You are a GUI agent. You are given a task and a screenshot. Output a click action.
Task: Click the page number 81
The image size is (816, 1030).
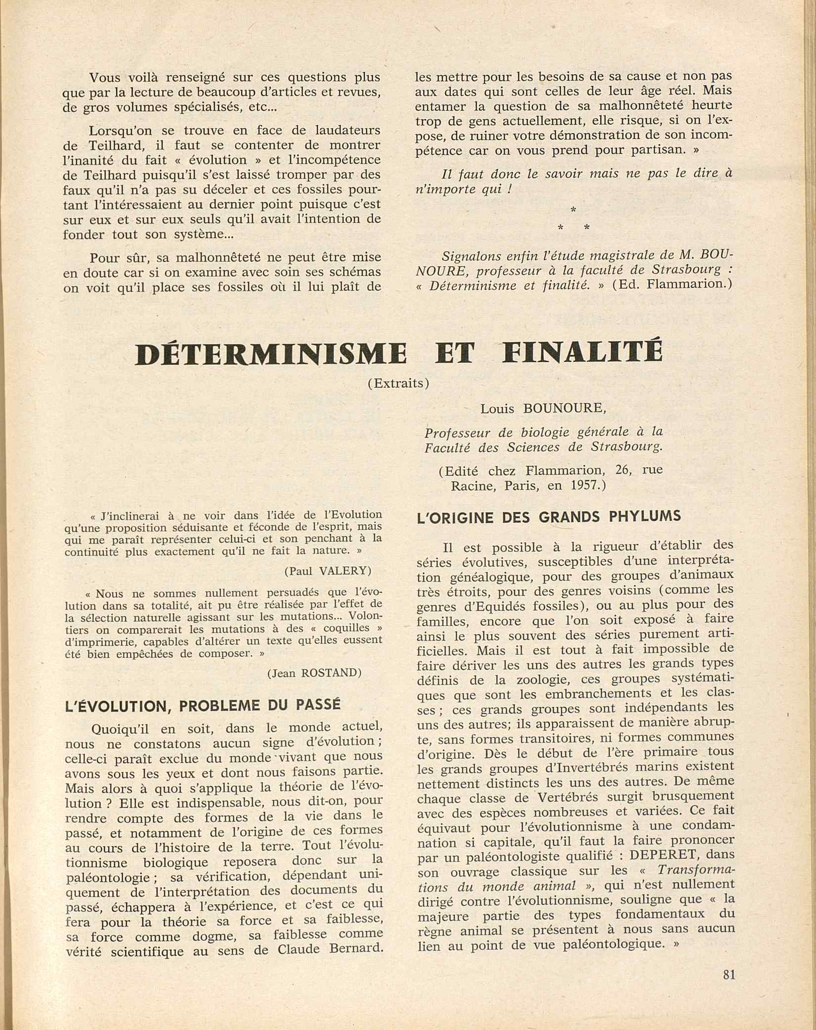[x=729, y=988]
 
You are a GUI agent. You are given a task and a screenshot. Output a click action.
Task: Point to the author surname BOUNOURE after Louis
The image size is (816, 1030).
[x=565, y=409]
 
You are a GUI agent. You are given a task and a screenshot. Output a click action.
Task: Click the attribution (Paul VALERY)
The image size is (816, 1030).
[x=328, y=571]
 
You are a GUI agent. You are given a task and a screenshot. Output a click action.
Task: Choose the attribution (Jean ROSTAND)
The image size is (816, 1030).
[x=314, y=673]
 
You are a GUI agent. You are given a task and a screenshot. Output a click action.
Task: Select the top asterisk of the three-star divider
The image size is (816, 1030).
[x=573, y=210]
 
